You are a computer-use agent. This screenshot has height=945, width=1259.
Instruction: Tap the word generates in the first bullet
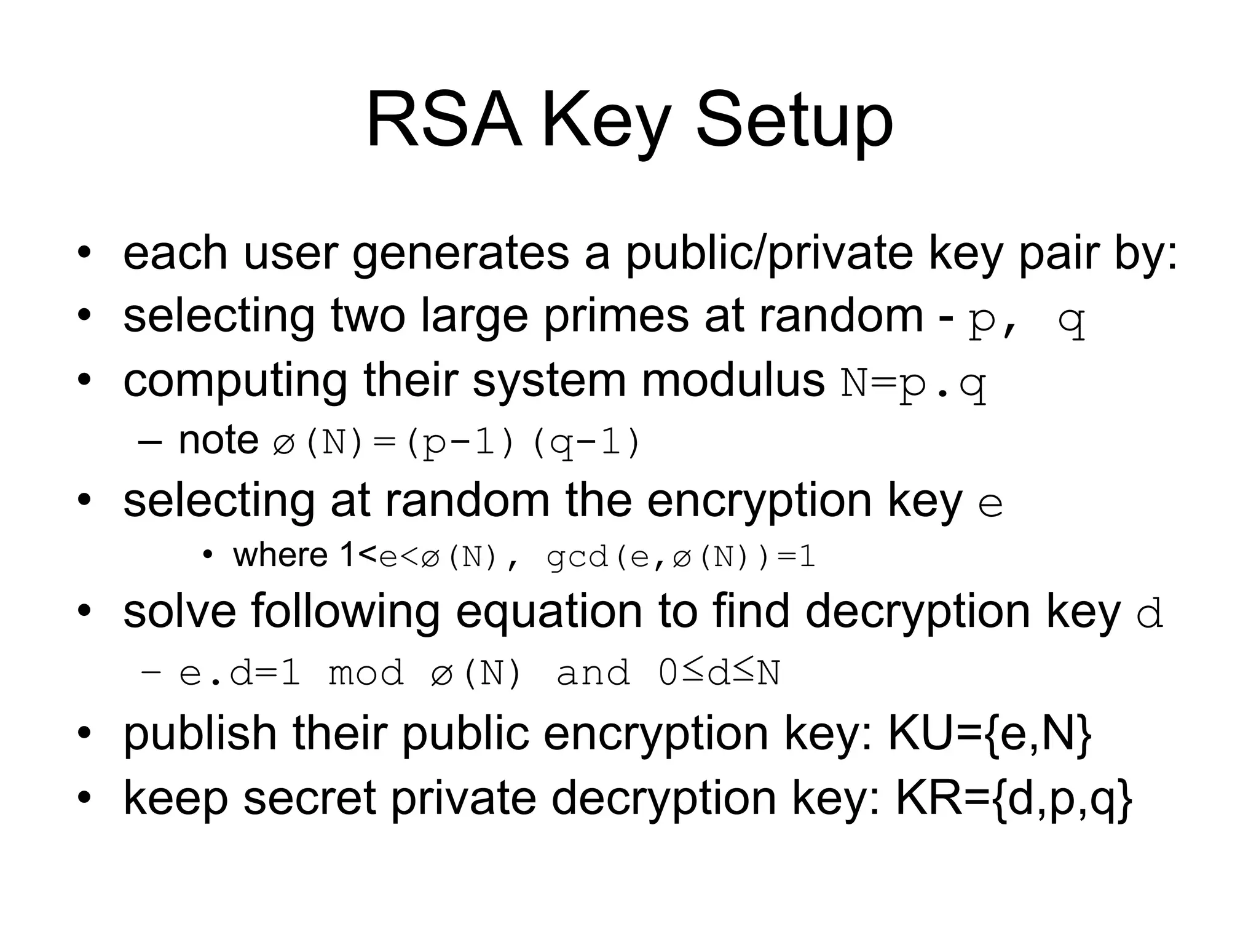460,253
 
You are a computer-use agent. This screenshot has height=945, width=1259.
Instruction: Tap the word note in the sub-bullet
218,441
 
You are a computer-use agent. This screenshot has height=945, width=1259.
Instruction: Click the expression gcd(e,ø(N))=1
681,557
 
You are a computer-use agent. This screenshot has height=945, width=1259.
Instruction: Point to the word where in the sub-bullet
280,556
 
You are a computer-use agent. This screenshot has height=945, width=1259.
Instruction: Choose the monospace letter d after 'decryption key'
1150,614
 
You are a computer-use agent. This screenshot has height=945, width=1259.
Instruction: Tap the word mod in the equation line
366,673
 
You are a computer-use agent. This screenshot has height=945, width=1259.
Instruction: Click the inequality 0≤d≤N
719,673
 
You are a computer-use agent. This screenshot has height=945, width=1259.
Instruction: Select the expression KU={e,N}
990,734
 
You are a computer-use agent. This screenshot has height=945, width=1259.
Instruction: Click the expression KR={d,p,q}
1014,799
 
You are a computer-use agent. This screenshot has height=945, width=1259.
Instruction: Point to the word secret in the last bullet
310,799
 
